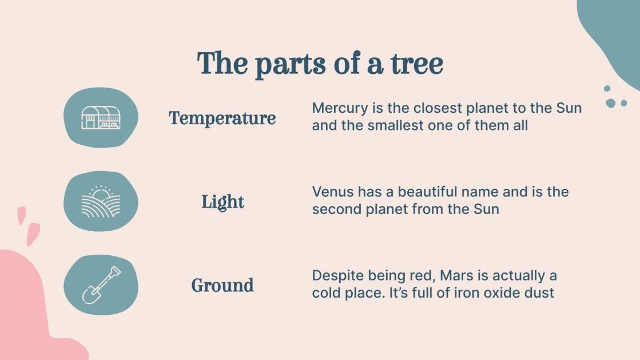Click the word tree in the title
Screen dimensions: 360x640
pos(416,64)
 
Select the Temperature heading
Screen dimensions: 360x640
pos(222,118)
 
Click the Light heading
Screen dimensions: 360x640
pos(222,202)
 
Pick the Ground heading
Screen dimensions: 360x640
pos(222,285)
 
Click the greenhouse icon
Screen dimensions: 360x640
pos(101,117)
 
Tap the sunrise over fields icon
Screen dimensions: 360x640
pos(101,201)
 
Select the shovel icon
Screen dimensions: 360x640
pos(101,285)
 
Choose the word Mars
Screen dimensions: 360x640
pos(459,276)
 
